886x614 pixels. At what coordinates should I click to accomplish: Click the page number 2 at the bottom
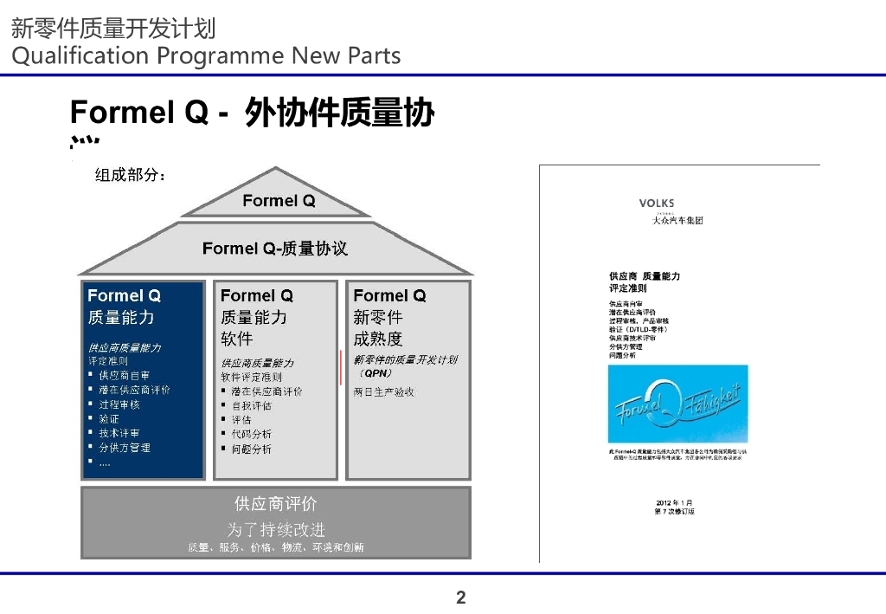pyautogui.click(x=460, y=598)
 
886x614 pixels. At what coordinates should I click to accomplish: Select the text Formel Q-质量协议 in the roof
pyautogui.click(x=274, y=249)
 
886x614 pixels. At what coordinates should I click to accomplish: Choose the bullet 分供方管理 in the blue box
pyautogui.click(x=124, y=448)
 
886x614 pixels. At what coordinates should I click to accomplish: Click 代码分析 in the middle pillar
pyautogui.click(x=251, y=434)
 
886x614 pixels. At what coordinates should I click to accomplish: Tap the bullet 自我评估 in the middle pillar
pyautogui.click(x=251, y=405)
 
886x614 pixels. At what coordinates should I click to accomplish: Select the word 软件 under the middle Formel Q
pyautogui.click(x=237, y=339)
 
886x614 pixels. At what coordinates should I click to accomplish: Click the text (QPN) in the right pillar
pyautogui.click(x=376, y=373)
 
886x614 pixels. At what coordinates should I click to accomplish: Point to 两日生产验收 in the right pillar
pyautogui.click(x=384, y=391)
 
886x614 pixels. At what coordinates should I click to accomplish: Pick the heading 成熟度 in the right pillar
pyautogui.click(x=378, y=339)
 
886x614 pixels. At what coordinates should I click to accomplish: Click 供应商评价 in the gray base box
pyautogui.click(x=276, y=503)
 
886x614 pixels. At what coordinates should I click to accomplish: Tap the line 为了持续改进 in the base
pyautogui.click(x=276, y=529)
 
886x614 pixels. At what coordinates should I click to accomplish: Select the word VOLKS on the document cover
pyautogui.click(x=657, y=204)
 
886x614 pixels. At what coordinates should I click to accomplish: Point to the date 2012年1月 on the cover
pyautogui.click(x=674, y=502)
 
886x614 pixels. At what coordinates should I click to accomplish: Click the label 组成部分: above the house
pyautogui.click(x=130, y=176)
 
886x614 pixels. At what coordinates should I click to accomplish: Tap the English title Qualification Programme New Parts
pyautogui.click(x=206, y=56)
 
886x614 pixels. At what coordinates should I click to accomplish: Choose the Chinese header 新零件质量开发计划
pyautogui.click(x=113, y=29)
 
